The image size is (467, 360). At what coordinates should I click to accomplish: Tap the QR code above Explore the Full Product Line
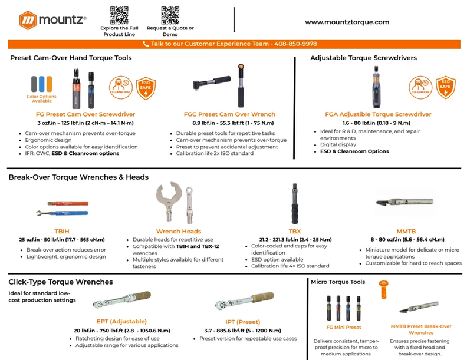[x=119, y=15]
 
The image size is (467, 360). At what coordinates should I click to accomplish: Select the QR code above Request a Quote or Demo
[x=170, y=15]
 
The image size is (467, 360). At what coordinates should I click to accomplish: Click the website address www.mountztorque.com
[x=347, y=22]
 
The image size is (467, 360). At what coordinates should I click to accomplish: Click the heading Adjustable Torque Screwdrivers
[x=363, y=58]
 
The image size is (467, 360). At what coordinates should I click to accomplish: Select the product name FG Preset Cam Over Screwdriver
[x=85, y=114]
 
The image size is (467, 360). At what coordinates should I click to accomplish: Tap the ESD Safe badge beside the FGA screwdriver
[x=446, y=87]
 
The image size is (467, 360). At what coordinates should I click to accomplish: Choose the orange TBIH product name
[x=62, y=231]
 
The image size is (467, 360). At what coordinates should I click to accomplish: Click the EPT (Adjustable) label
[x=121, y=322]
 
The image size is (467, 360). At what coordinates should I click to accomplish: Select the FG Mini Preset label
[x=344, y=327]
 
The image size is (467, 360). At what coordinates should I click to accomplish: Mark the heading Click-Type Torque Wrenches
[x=60, y=282]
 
